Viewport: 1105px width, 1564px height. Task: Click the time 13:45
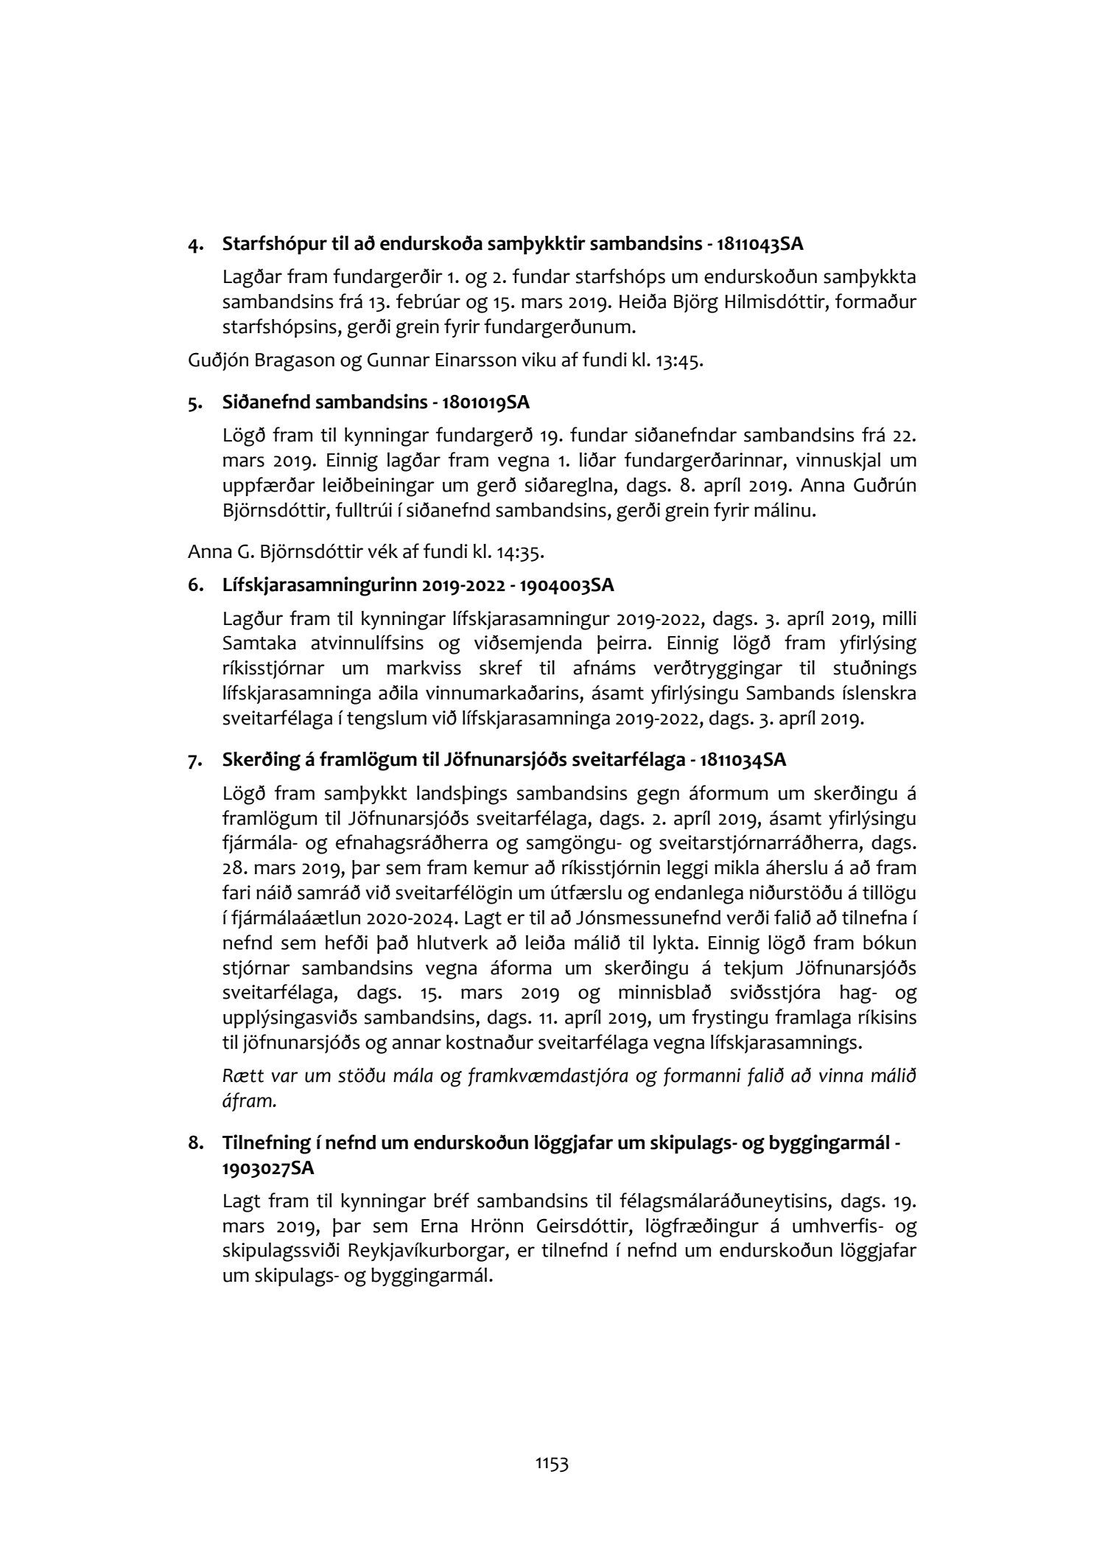(680, 363)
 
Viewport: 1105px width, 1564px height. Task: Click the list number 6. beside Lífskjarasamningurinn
(195, 586)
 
